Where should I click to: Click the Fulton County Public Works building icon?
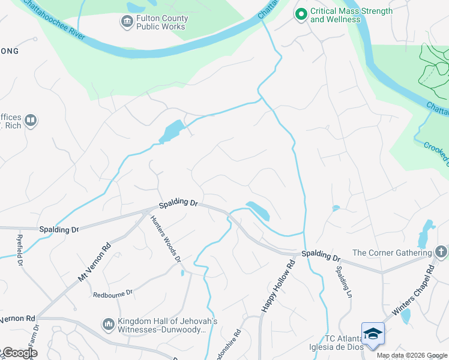click(127, 22)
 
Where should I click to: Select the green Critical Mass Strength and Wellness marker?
click(301, 13)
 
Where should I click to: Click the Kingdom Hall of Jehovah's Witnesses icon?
click(109, 325)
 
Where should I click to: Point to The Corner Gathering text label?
click(392, 253)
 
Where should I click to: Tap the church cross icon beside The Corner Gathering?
click(441, 252)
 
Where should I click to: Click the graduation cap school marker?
click(372, 333)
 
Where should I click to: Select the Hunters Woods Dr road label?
click(165, 239)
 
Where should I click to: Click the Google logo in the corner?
click(19, 353)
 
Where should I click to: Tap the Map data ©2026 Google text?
click(412, 355)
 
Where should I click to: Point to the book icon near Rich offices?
click(31, 121)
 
